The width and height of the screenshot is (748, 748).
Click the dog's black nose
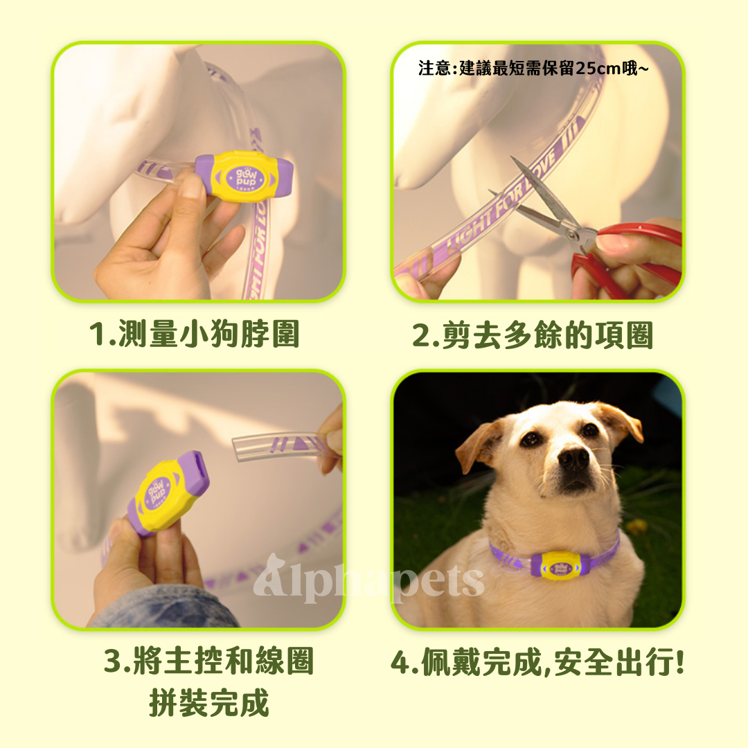pos(573,458)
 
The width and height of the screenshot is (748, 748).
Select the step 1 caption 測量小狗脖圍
pos(195,335)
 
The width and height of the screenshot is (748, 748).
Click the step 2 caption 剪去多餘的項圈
pos(533,336)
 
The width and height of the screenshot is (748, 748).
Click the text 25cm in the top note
pos(600,69)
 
